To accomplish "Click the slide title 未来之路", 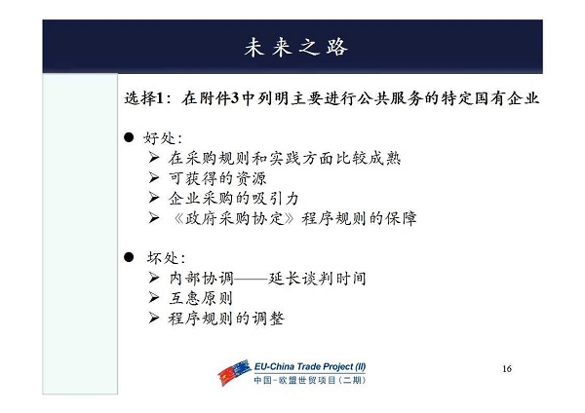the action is pyautogui.click(x=296, y=48).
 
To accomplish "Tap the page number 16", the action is pyautogui.click(x=507, y=369).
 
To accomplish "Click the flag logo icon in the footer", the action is pyautogui.click(x=234, y=372).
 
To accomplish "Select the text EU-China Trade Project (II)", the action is pyautogui.click(x=310, y=366).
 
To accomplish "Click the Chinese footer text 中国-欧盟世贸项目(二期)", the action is pyautogui.click(x=310, y=380).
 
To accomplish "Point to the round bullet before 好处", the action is pyautogui.click(x=129, y=137).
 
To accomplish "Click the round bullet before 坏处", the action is pyautogui.click(x=129, y=257).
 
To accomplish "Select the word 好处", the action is pyautogui.click(x=159, y=138).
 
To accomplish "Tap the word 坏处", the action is pyautogui.click(x=163, y=258).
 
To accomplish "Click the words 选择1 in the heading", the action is pyautogui.click(x=144, y=98).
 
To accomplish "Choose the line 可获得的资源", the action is pyautogui.click(x=217, y=178).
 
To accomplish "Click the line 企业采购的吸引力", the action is pyautogui.click(x=234, y=199).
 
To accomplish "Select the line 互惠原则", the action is pyautogui.click(x=201, y=299).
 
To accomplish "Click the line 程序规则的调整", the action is pyautogui.click(x=226, y=319).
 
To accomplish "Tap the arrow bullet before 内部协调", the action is pyautogui.click(x=154, y=278).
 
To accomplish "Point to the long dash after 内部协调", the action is pyautogui.click(x=251, y=279).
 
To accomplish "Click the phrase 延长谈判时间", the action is pyautogui.click(x=317, y=279).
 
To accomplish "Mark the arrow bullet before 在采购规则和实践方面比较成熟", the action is pyautogui.click(x=154, y=157).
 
